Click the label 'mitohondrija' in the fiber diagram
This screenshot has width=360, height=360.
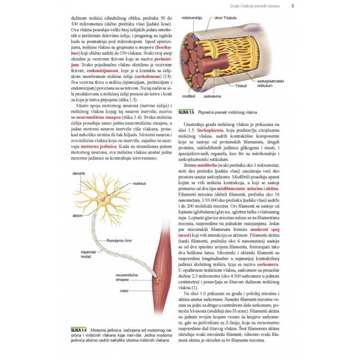click(199, 19)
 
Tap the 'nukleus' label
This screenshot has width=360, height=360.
click(139, 183)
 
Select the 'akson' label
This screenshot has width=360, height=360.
click(77, 214)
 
